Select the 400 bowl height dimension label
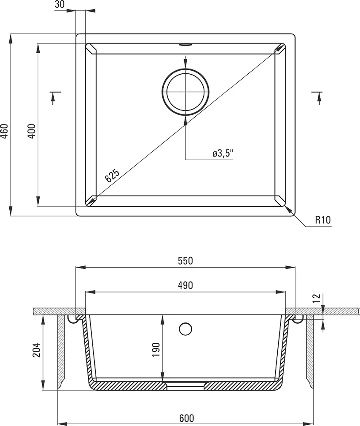[x=32, y=131]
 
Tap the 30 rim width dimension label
[x=60, y=4]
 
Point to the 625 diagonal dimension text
[x=112, y=175]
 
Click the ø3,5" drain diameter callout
[x=223, y=153]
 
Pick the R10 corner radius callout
[x=323, y=219]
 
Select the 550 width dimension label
[x=185, y=261]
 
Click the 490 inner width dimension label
[x=185, y=285]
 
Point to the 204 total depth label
[x=36, y=350]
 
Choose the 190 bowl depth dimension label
[x=156, y=350]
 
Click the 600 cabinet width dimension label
[x=187, y=418]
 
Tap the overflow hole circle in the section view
[x=186, y=329]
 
